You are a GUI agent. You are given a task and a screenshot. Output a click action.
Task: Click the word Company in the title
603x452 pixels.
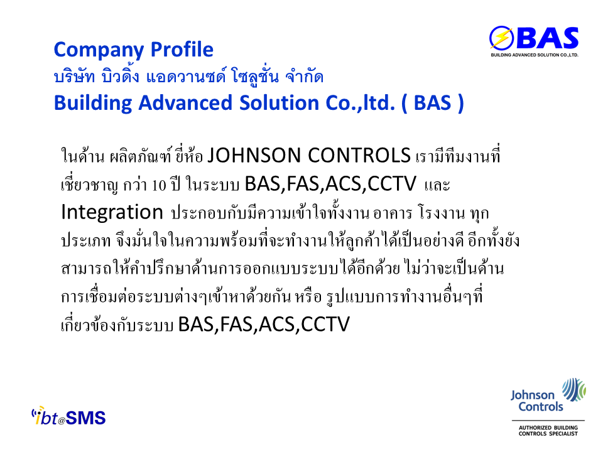(x=99, y=50)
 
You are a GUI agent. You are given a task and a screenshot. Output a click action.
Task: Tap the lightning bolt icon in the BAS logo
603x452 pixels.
(x=502, y=38)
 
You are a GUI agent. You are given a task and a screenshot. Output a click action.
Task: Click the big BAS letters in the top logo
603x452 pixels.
(x=548, y=38)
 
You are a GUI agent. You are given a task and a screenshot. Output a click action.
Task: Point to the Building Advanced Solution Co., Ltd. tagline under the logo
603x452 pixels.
(x=535, y=55)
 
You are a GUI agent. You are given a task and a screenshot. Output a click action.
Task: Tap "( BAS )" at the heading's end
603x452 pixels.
(x=433, y=103)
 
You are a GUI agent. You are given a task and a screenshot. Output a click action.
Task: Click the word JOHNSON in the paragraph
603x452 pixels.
(x=254, y=155)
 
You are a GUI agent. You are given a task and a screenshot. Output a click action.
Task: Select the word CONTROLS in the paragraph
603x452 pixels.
(x=359, y=155)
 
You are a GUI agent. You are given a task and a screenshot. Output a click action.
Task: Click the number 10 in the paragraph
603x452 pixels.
(x=159, y=185)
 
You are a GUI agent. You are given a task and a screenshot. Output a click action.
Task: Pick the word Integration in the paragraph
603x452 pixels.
(x=112, y=213)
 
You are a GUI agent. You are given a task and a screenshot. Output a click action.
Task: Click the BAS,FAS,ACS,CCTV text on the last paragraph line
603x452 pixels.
(x=264, y=324)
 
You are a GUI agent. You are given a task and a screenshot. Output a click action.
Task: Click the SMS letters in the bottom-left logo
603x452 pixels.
(x=85, y=418)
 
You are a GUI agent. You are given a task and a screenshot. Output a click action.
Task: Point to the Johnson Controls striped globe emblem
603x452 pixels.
(x=573, y=389)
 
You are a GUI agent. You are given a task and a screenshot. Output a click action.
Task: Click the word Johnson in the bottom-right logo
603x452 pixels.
(x=533, y=395)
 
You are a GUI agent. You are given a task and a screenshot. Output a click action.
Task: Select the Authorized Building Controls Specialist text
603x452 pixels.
(x=548, y=431)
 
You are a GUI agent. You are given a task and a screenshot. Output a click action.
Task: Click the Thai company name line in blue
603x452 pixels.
(x=188, y=76)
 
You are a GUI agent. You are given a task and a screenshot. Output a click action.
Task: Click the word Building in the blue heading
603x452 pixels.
(x=93, y=104)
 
